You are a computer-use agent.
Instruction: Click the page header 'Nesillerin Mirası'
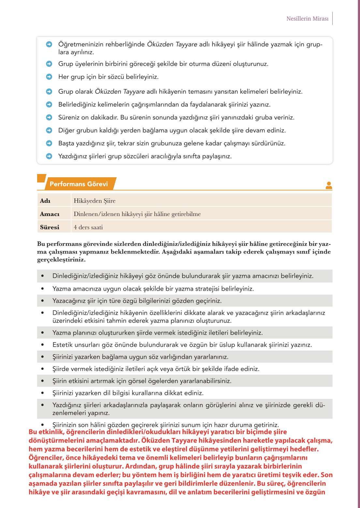(307, 19)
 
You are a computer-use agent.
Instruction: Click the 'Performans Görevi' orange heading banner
(79, 184)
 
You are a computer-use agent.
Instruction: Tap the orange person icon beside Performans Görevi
(329, 185)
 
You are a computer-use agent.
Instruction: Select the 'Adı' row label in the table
(45, 201)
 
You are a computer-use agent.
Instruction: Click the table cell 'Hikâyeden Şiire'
(94, 201)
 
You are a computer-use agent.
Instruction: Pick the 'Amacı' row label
(50, 214)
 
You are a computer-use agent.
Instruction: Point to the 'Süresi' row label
(50, 227)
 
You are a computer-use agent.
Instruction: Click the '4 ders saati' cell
(88, 227)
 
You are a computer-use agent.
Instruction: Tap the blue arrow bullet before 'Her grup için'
(49, 77)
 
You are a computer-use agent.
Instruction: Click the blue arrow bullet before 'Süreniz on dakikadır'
(49, 117)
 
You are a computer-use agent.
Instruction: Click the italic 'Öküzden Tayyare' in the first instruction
(172, 44)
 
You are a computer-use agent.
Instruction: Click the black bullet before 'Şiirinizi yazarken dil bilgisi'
(42, 393)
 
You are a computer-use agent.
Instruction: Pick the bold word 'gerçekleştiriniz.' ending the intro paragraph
(61, 260)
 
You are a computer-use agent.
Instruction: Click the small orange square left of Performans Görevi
(41, 178)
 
